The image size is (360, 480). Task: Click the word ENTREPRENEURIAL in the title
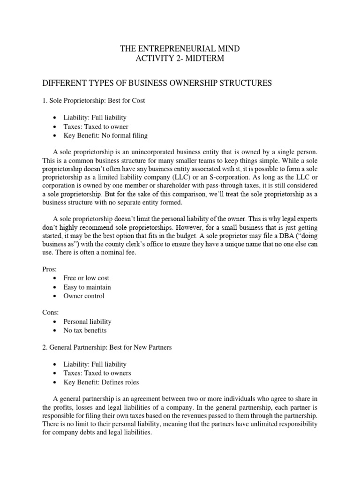tap(173, 48)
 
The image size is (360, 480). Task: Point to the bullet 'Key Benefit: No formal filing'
tap(105, 135)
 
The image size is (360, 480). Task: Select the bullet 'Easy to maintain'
tap(87, 287)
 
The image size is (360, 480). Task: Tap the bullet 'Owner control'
tap(84, 296)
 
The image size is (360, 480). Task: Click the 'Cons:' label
tap(50, 313)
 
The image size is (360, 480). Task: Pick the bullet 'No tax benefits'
tap(85, 330)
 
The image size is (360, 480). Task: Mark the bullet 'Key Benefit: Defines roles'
tap(101, 382)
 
